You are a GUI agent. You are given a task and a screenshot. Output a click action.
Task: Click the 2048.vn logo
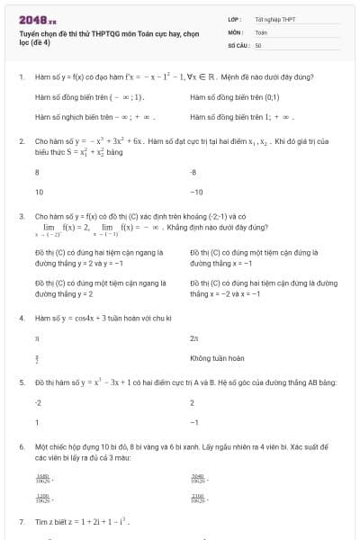pyautogui.click(x=37, y=19)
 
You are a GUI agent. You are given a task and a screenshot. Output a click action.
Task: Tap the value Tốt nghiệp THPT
pyautogui.click(x=274, y=19)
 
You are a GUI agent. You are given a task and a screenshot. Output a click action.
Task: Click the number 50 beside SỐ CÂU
pyautogui.click(x=258, y=44)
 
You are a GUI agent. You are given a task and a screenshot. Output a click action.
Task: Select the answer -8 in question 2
pyautogui.click(x=193, y=171)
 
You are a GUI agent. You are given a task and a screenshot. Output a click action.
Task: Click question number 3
pyautogui.click(x=22, y=217)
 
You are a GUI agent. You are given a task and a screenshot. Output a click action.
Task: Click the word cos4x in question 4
pyautogui.click(x=83, y=318)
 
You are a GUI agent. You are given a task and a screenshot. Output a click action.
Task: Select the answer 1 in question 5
pyautogui.click(x=37, y=422)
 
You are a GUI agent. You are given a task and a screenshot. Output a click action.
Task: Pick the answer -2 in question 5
pyautogui.click(x=38, y=402)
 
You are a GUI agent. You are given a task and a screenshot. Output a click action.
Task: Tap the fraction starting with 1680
pyautogui.click(x=42, y=476)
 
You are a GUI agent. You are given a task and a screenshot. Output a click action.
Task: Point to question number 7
pyautogui.click(x=22, y=522)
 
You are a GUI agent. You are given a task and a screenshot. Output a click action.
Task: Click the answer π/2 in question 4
pyautogui.click(x=37, y=358)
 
